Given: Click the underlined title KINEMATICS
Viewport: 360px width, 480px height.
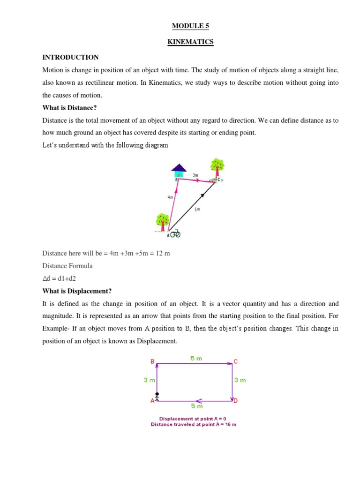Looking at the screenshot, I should (x=190, y=42).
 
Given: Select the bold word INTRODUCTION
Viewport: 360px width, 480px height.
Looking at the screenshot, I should (x=71, y=57).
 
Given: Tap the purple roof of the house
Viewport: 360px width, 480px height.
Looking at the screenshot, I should (x=179, y=168).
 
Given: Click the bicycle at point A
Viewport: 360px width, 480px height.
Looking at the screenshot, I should (x=174, y=233).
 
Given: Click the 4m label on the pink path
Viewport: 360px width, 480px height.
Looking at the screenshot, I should (x=170, y=197).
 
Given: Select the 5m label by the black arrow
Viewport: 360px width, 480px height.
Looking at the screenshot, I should (x=197, y=210).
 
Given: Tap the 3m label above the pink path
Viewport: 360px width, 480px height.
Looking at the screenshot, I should (x=195, y=175).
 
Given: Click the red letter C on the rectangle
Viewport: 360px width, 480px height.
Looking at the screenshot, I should (x=236, y=361).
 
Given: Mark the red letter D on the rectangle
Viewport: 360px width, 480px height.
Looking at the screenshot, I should (x=236, y=401).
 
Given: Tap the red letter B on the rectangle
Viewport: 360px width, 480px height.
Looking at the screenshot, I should (x=152, y=361).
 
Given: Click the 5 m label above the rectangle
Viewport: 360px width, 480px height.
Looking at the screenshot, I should (x=196, y=358).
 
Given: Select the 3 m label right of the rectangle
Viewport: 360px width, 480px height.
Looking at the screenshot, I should (x=240, y=380).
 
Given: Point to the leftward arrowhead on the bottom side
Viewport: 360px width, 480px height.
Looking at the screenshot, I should (x=199, y=401).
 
